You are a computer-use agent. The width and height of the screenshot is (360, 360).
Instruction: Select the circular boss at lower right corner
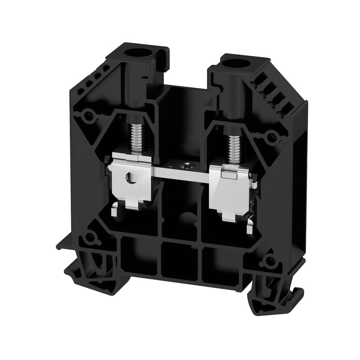coord(269,261)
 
